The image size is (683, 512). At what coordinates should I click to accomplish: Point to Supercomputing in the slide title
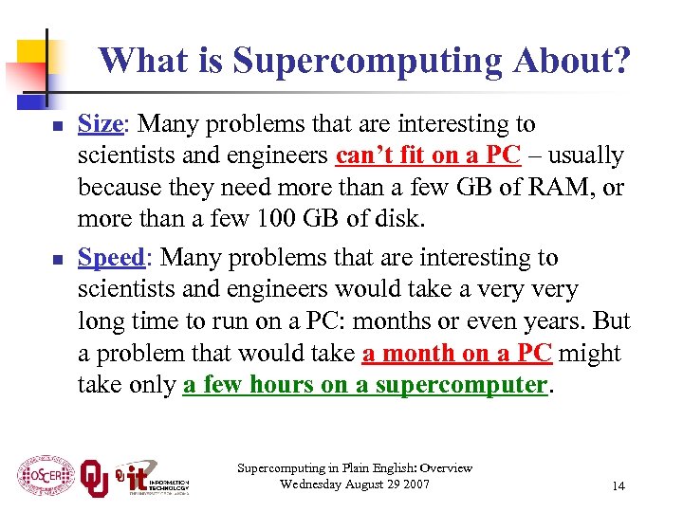point(364,61)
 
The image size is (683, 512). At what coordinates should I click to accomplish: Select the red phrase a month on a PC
point(457,354)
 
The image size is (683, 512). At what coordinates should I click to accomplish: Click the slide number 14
point(618,485)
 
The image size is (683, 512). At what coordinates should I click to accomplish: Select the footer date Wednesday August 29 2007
point(355,485)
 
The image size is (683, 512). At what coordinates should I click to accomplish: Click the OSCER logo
point(44,476)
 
